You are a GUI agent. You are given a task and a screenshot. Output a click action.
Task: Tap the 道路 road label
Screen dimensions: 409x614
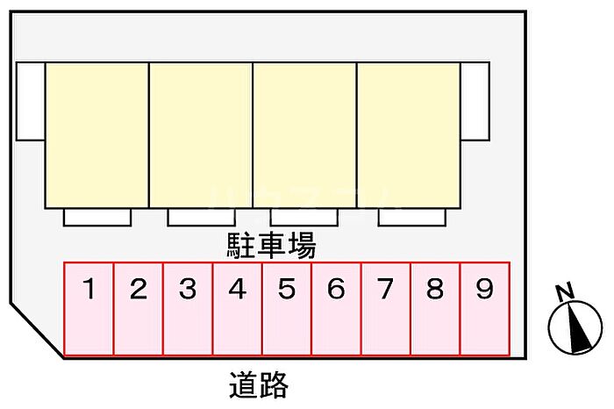click(259, 384)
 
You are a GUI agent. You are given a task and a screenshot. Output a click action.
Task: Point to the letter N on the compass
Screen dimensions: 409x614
click(566, 292)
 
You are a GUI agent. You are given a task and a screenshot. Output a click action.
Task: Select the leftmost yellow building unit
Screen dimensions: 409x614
click(96, 134)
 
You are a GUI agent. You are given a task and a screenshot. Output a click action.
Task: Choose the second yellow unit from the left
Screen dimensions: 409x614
click(201, 134)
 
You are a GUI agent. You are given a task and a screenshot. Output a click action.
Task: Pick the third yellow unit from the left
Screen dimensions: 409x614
click(304, 134)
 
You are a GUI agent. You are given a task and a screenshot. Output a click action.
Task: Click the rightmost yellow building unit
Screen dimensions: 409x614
click(408, 134)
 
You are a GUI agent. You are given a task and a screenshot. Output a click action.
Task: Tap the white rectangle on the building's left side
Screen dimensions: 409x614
click(31, 102)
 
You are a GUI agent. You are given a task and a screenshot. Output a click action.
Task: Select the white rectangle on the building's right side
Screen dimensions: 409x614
click(475, 102)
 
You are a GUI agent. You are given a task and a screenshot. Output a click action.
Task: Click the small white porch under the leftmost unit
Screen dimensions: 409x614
click(97, 217)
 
